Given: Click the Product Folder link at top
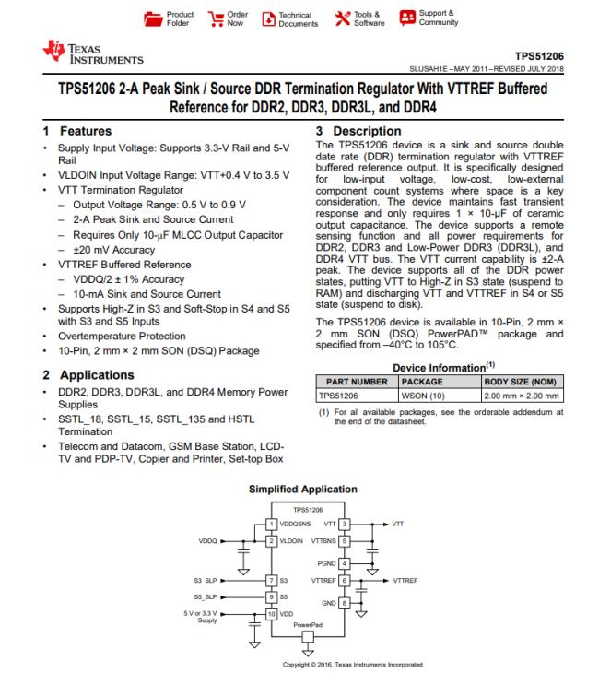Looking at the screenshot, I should click(x=173, y=18).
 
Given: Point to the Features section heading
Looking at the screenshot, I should click(x=86, y=131).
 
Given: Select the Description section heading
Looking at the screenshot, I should click(x=362, y=131).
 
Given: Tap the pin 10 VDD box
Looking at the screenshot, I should click(x=271, y=612).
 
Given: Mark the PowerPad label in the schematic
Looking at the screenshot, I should click(x=307, y=623).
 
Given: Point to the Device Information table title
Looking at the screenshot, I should click(x=441, y=365).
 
